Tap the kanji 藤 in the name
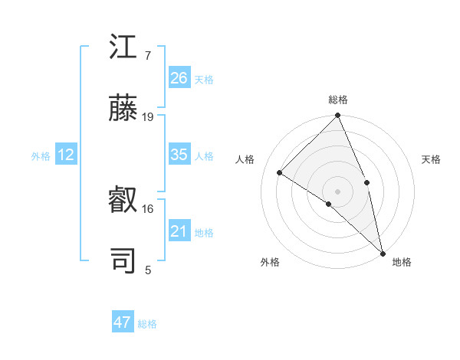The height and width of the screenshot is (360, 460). (x=123, y=110)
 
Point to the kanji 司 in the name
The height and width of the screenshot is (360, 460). (x=123, y=261)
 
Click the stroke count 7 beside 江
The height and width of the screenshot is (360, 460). (x=147, y=56)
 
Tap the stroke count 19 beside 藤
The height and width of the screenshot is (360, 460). (x=148, y=117)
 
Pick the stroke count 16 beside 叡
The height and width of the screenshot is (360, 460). (x=148, y=208)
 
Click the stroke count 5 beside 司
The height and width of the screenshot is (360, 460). (x=148, y=269)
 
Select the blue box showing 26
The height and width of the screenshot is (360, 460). (x=179, y=77)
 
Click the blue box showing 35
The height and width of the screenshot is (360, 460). (x=179, y=155)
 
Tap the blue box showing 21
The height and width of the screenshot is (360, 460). (x=179, y=231)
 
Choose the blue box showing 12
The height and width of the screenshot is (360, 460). (x=66, y=155)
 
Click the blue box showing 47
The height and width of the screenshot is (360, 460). (x=123, y=322)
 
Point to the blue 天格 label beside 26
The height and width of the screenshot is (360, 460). (x=204, y=79)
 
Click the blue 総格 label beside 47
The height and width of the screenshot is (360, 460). (x=147, y=324)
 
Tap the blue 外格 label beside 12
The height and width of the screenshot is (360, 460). (x=41, y=156)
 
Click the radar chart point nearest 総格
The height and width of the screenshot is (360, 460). (x=337, y=116)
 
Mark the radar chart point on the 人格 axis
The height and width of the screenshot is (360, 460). (x=280, y=172)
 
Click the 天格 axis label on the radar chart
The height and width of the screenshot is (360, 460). (x=431, y=159)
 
